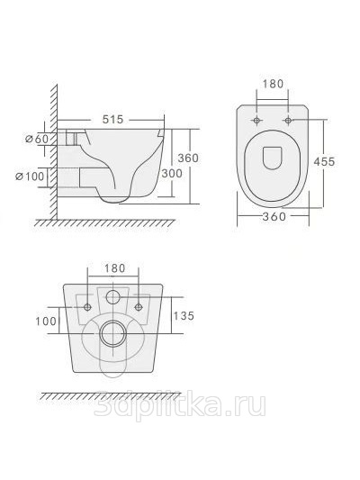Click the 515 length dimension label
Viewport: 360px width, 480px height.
(x=112, y=119)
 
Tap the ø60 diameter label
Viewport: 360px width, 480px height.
(x=37, y=139)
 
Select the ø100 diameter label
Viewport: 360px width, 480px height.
(x=30, y=176)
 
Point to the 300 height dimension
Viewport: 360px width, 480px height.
(x=172, y=173)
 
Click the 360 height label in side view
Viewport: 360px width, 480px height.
(x=188, y=158)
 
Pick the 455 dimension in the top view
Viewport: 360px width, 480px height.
(x=324, y=161)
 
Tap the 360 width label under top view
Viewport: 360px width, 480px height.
(x=274, y=216)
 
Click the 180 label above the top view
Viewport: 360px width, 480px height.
(x=273, y=84)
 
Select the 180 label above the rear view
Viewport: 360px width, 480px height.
(x=115, y=268)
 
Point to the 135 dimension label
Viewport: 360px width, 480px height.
(x=184, y=315)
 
